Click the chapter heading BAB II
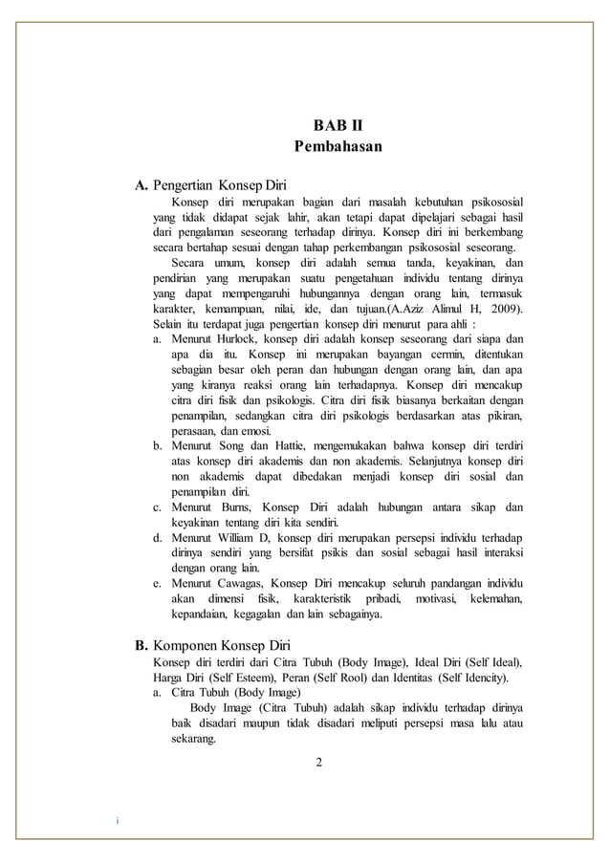pos(338,125)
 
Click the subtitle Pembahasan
pos(338,147)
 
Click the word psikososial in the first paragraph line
pos(490,202)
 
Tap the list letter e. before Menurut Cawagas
pos(157,584)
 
